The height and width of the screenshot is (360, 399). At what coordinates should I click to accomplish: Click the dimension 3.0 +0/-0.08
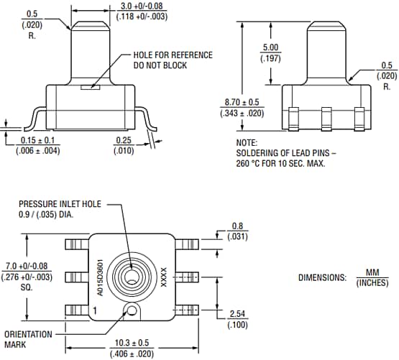coord(136,6)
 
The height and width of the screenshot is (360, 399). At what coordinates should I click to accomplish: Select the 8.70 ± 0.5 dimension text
coord(240,103)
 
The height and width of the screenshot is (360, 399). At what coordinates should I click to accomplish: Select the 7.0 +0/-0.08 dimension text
coord(27,267)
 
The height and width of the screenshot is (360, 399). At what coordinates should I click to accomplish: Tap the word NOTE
coord(247,143)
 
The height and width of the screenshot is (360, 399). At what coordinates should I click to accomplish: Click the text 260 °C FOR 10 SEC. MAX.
coord(280,163)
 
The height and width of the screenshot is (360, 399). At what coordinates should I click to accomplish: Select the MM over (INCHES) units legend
coord(372,278)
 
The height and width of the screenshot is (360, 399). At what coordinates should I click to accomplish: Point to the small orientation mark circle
coord(132,310)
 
